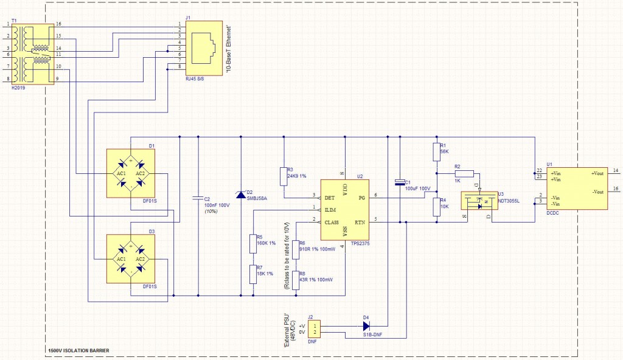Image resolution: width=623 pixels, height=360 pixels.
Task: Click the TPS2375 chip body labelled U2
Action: (345, 210)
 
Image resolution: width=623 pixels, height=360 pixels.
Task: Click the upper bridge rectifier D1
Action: (131, 173)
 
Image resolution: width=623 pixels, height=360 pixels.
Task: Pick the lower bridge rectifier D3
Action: (131, 258)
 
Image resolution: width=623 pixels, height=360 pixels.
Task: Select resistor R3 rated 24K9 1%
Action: (283, 174)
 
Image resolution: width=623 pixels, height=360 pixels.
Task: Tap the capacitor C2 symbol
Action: (198, 198)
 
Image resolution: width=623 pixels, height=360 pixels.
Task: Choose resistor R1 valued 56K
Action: (436, 152)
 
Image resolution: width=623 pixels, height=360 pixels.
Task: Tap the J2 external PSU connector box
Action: (313, 330)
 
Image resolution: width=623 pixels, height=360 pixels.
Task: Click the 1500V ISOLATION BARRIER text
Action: (78, 351)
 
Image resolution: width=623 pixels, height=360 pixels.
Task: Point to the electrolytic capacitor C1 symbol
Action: (400, 181)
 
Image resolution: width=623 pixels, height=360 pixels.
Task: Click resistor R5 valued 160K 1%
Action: (252, 244)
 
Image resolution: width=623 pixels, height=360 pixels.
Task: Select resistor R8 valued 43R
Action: (295, 280)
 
